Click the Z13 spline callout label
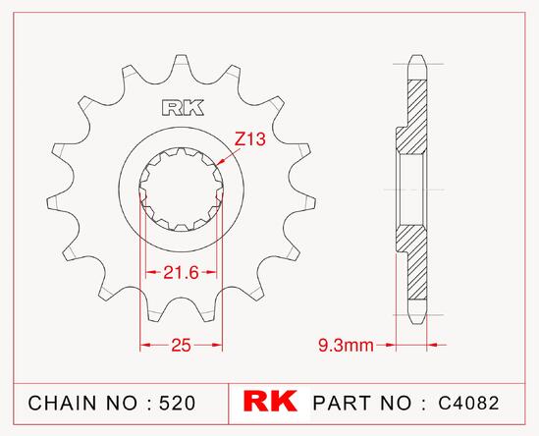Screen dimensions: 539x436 click(250, 139)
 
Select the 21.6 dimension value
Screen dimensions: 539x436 click(182, 273)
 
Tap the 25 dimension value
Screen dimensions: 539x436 click(182, 345)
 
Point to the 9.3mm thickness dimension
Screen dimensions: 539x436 click(346, 345)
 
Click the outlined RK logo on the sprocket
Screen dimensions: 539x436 click(183, 108)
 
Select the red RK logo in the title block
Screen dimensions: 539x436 click(270, 401)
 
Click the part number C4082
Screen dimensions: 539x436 click(468, 403)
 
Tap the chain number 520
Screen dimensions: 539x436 click(177, 403)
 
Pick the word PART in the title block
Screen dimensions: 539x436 click(342, 403)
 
